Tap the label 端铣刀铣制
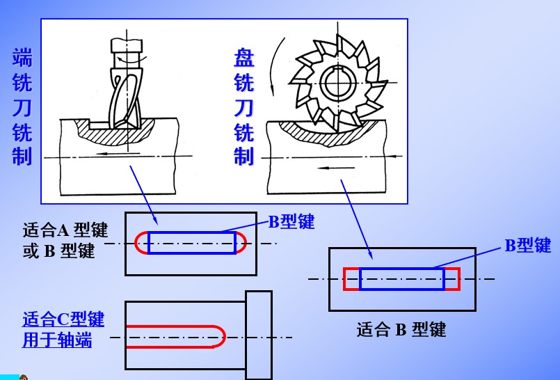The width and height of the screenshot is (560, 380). pyautogui.click(x=22, y=106)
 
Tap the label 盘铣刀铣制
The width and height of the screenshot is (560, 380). pyautogui.click(x=243, y=106)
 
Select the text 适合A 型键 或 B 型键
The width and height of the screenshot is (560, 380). pyautogui.click(x=65, y=240)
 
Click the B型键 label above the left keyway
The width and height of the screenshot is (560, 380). pyautogui.click(x=292, y=222)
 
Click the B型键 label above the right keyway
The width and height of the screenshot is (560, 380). pyautogui.click(x=527, y=246)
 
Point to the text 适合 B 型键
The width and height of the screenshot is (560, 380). pyautogui.click(x=401, y=329)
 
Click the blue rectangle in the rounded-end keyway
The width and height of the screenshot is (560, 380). pyautogui.click(x=191, y=242)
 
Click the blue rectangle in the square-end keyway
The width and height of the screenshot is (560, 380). pyautogui.click(x=402, y=278)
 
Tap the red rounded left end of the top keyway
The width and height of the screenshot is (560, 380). pyautogui.click(x=140, y=242)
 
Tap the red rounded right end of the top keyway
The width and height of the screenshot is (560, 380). pyautogui.click(x=241, y=242)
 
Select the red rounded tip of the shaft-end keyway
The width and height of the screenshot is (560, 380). pyautogui.click(x=220, y=336)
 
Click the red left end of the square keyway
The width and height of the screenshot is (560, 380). pyautogui.click(x=351, y=278)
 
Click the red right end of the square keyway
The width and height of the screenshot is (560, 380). pyautogui.click(x=452, y=278)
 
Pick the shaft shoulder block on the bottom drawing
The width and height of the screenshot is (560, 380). pyautogui.click(x=259, y=334)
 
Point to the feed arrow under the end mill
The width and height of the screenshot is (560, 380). pyautogui.click(x=118, y=153)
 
